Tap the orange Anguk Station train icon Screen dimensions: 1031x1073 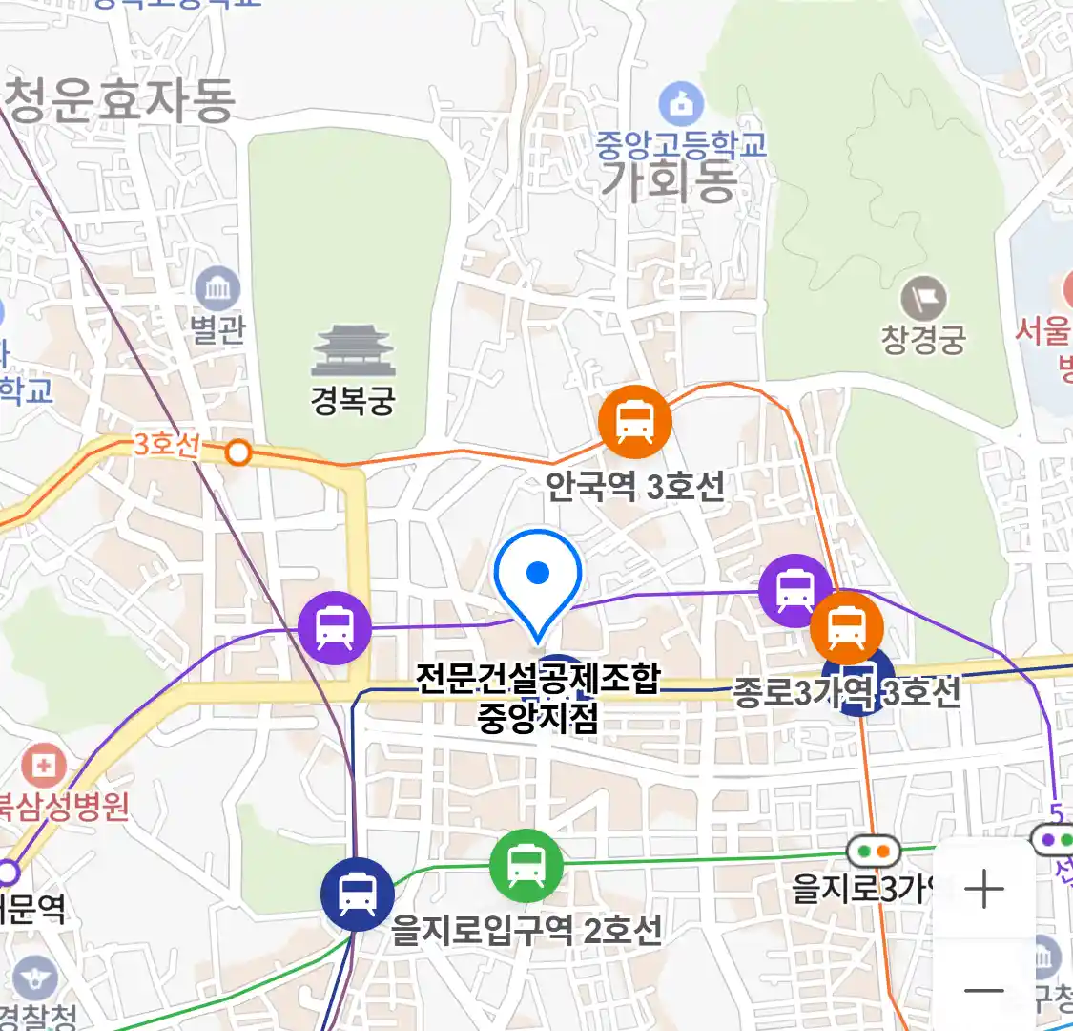click(634, 422)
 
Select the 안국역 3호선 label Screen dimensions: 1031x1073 click(634, 487)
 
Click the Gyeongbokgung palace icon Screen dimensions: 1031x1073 click(353, 351)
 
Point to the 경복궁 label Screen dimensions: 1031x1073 click(353, 400)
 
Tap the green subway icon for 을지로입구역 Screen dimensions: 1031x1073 click(526, 866)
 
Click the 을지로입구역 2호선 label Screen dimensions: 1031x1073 click(526, 929)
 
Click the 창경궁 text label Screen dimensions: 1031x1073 click(923, 340)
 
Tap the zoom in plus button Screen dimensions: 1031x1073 click(983, 890)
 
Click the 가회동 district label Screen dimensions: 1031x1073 click(669, 181)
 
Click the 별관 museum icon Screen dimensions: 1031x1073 click(217, 288)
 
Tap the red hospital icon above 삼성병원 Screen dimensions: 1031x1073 click(43, 766)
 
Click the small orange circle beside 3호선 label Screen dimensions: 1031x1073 click(238, 452)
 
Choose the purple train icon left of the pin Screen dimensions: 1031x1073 click(334, 627)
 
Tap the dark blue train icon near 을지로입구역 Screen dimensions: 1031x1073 click(358, 894)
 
